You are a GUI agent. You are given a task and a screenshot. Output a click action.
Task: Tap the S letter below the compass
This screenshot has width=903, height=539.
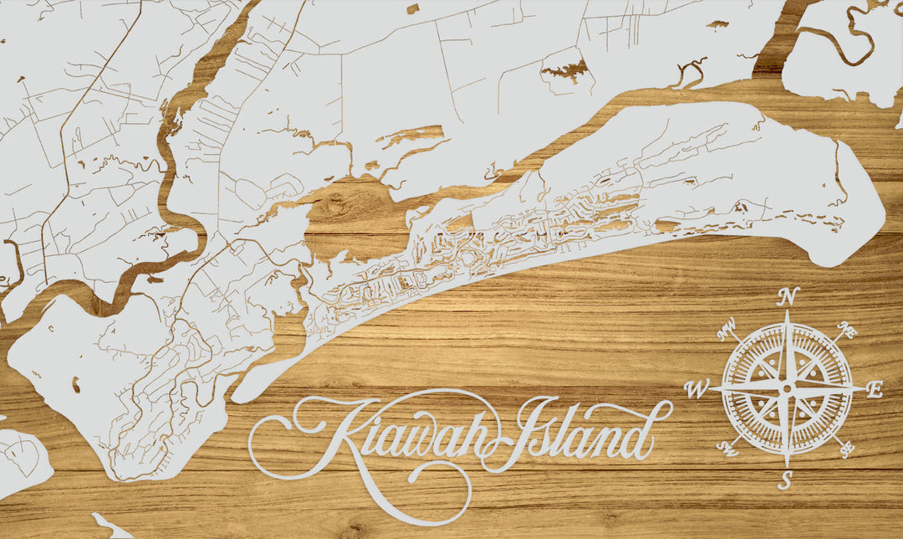click(x=785, y=480)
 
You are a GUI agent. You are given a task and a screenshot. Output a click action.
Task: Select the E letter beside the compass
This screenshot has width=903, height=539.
click(x=875, y=388)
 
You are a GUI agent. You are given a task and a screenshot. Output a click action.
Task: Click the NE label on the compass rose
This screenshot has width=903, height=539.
click(x=847, y=330)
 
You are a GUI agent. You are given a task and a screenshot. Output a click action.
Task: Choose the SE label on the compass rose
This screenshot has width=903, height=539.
click(x=846, y=449)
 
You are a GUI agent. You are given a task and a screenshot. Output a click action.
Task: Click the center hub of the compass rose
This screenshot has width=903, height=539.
click(x=786, y=388)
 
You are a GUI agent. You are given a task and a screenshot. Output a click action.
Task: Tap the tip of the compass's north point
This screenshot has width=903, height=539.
click(x=787, y=312)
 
